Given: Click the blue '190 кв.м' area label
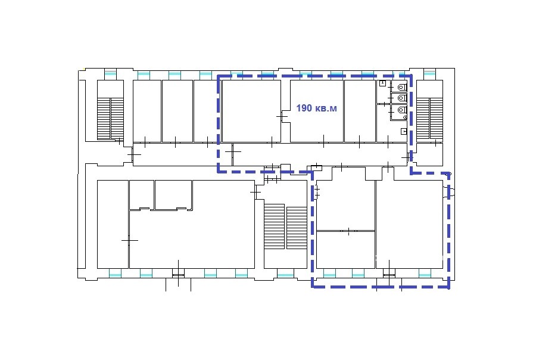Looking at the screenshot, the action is [317, 108].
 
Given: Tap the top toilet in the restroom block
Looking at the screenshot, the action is [402, 88].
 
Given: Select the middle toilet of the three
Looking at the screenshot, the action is [402, 98].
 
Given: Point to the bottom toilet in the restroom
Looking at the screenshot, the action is [402, 110].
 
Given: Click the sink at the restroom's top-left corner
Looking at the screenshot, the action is [382, 83].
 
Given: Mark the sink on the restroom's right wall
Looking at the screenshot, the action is [404, 131].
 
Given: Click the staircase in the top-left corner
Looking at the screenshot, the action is [110, 119].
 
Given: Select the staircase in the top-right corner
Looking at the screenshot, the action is [429, 119].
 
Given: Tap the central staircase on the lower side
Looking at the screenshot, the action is [285, 226].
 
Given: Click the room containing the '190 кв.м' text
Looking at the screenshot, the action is [317, 111].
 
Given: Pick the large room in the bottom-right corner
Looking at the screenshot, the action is [410, 225].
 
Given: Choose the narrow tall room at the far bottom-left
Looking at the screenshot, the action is [113, 225].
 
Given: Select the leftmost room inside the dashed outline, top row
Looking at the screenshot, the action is [251, 111].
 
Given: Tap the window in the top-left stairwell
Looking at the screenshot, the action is [110, 73].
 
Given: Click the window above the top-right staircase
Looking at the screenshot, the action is [429, 73].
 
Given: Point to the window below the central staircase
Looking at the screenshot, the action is [285, 274].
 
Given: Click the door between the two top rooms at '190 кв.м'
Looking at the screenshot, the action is [282, 117].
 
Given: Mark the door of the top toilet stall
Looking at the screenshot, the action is [391, 88].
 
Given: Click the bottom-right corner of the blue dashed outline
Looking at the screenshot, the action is [449, 287].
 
